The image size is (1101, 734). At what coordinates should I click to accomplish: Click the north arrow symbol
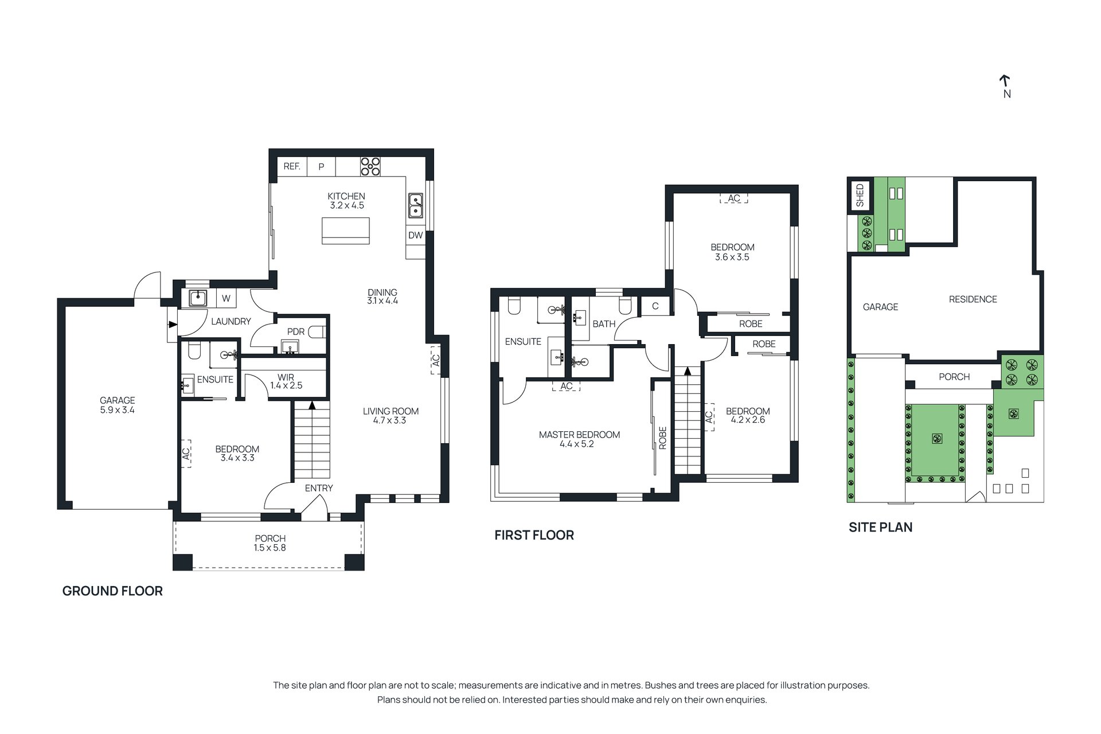pos(1004,83)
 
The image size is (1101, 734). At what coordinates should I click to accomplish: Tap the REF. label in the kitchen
pos(292,166)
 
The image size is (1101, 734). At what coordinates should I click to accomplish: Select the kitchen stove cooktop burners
pos(370,166)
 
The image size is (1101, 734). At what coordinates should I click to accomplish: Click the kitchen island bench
pos(346,231)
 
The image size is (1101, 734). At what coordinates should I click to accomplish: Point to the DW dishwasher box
pos(415,235)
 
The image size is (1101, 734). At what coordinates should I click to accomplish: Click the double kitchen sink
pos(415,206)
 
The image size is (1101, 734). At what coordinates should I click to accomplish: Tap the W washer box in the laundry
pos(227,298)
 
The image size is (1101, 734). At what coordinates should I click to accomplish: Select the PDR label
pos(296,332)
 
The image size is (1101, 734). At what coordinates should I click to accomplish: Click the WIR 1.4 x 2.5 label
pos(286,381)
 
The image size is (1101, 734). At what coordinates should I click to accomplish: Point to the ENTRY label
pos(319,488)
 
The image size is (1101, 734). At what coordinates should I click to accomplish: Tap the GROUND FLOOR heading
pos(112,591)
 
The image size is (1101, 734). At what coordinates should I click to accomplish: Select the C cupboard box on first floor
pos(655,306)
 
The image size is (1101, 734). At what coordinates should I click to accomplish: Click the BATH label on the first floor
pos(604,324)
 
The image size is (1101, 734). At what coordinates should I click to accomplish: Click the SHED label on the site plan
pos(860,196)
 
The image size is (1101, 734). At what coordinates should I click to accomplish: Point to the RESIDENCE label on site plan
pos(973,299)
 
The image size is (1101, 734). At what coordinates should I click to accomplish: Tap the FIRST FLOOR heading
pos(534,536)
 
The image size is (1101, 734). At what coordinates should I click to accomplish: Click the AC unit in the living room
pos(435,360)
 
